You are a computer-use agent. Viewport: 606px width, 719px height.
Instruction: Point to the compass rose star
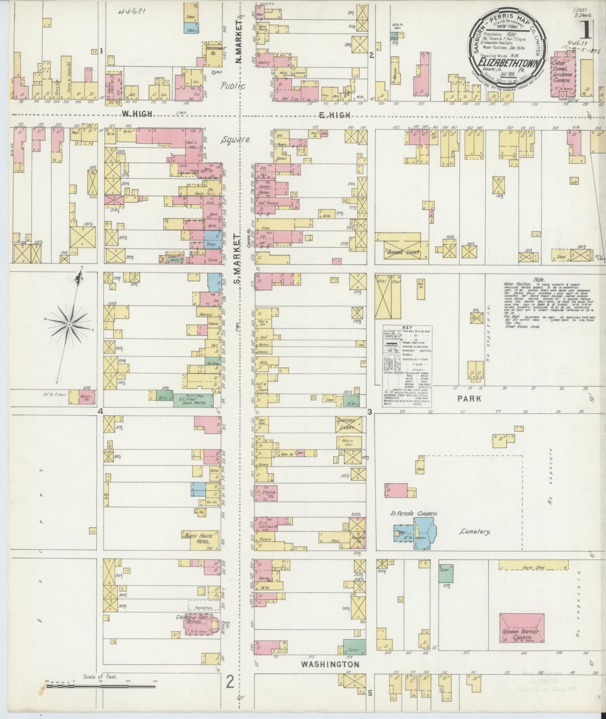(69, 325)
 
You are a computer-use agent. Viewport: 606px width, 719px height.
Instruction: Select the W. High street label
(136, 114)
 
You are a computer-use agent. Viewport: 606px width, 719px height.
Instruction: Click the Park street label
(469, 399)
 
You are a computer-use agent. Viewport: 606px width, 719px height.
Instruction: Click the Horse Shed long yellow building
(533, 567)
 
